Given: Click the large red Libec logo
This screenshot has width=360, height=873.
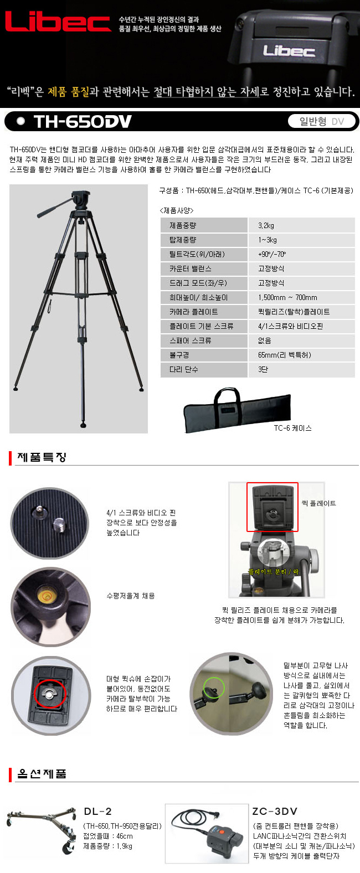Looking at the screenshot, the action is (x=58, y=21).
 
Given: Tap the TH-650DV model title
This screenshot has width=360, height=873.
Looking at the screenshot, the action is (x=83, y=122).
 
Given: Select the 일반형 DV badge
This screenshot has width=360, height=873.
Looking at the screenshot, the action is (x=322, y=122).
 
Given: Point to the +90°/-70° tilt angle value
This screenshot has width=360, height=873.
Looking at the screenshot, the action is (x=272, y=254).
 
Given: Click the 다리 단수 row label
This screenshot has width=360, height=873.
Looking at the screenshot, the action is (x=184, y=369).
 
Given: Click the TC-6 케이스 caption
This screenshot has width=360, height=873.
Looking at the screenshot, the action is (x=292, y=428).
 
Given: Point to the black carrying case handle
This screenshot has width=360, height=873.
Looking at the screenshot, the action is (x=228, y=396).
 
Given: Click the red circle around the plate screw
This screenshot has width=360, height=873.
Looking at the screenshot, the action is (x=50, y=693).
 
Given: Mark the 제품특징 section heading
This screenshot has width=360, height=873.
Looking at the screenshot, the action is (x=42, y=457).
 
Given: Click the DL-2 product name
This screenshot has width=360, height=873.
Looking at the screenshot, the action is (x=97, y=811).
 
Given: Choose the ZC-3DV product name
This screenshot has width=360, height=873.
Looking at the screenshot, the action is (x=275, y=811).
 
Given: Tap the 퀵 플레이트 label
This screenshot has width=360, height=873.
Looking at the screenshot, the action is (x=318, y=503).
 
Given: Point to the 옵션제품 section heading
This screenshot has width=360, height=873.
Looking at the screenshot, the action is (x=42, y=773).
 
